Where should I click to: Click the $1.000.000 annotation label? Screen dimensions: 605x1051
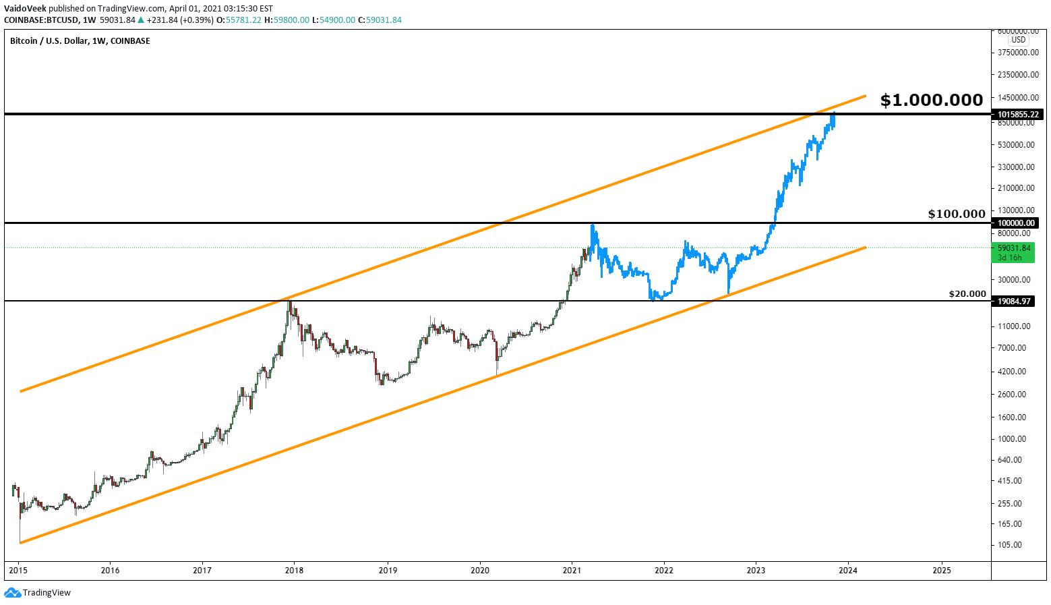(931, 100)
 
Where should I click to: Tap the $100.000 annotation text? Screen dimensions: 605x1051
(956, 214)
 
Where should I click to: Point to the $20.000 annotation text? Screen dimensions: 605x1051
(967, 294)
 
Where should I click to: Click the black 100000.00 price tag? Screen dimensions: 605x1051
(1015, 223)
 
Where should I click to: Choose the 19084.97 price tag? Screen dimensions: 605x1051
(1014, 301)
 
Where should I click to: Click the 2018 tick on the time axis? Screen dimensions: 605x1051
(294, 570)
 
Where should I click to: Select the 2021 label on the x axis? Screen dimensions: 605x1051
(572, 570)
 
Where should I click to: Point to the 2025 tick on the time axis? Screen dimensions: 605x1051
(941, 570)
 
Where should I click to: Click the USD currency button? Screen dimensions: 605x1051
(1018, 40)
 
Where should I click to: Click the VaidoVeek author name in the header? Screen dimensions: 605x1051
(25, 8)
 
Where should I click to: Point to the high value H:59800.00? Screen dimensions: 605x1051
(287, 20)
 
